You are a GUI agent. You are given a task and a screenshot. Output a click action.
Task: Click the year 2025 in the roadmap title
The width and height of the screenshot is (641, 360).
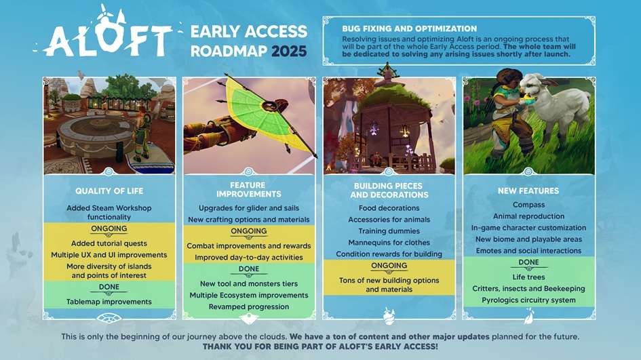pos(288,52)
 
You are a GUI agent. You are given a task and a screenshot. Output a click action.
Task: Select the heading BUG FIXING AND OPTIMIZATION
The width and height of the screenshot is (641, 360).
pos(409,28)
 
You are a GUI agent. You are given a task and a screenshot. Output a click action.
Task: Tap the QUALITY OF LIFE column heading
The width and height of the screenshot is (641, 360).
pos(109,191)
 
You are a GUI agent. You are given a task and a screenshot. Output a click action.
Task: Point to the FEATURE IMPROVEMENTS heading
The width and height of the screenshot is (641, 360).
pos(248,189)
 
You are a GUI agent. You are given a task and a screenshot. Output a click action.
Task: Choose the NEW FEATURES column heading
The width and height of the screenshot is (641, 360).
pos(528,191)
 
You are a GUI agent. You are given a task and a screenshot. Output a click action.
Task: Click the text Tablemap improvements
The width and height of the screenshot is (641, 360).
pos(109,302)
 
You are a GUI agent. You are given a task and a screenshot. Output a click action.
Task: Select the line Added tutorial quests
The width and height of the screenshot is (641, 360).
pos(109,243)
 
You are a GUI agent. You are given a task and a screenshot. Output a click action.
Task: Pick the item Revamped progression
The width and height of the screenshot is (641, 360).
pos(248,306)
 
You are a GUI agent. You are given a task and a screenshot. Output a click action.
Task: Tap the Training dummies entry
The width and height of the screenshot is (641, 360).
pos(389,231)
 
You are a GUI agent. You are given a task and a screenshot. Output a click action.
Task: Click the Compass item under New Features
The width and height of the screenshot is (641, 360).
pos(528,205)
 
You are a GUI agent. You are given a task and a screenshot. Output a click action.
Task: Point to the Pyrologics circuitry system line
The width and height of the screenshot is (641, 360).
pos(528,300)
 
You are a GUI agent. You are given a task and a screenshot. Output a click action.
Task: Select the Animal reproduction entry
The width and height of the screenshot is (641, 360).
pos(528,216)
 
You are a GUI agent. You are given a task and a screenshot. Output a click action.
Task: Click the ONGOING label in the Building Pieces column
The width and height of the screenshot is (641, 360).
pos(389,266)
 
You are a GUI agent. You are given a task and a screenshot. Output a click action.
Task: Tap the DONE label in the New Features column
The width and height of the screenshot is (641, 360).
pos(528,262)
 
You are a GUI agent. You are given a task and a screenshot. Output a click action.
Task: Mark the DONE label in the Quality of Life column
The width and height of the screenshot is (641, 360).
pos(109,287)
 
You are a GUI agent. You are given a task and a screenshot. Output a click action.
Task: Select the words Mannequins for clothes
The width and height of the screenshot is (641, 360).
pos(389,243)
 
